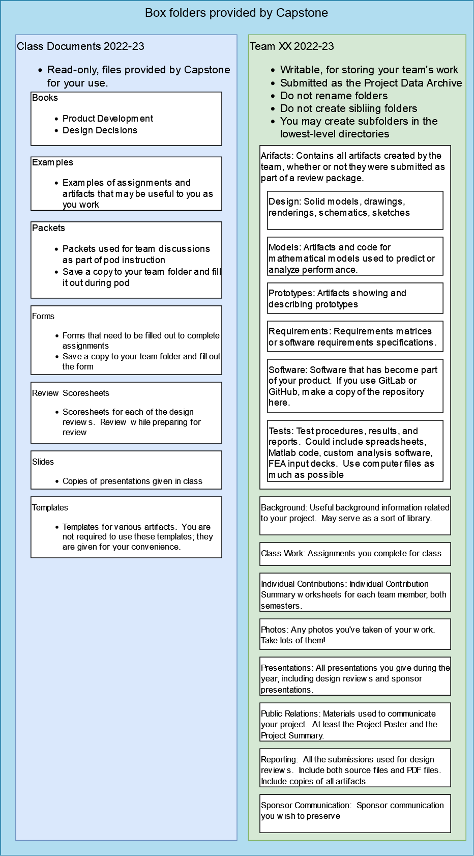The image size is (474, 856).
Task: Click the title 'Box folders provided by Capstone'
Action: [236, 13]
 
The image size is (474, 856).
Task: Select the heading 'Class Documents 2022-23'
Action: [80, 46]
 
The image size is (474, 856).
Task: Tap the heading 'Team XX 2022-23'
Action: [291, 46]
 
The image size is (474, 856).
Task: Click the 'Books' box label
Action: [45, 98]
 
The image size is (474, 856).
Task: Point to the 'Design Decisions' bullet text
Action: [100, 130]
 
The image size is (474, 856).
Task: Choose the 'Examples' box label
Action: [52, 162]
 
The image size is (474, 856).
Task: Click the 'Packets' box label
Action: [48, 228]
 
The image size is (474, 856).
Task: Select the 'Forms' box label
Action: [43, 316]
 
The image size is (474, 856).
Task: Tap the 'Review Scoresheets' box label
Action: [71, 393]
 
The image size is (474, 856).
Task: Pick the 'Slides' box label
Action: [43, 462]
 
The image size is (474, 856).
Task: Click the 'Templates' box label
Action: [50, 507]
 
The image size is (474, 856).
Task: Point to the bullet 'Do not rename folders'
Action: [334, 96]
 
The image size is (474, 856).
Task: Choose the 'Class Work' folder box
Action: [354, 554]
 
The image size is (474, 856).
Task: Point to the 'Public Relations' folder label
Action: [290, 714]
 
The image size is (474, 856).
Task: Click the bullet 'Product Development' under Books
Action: [108, 119]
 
